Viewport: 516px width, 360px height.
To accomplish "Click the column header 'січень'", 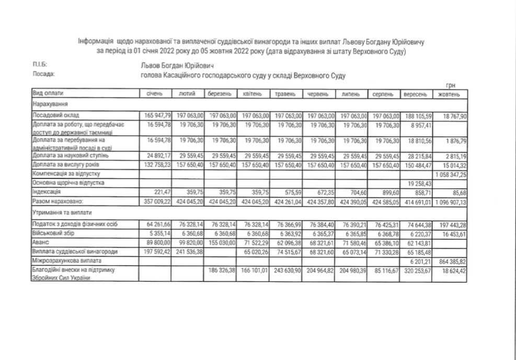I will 156,94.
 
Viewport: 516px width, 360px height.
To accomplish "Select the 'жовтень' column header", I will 449,94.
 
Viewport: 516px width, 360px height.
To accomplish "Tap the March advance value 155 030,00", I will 221,242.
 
